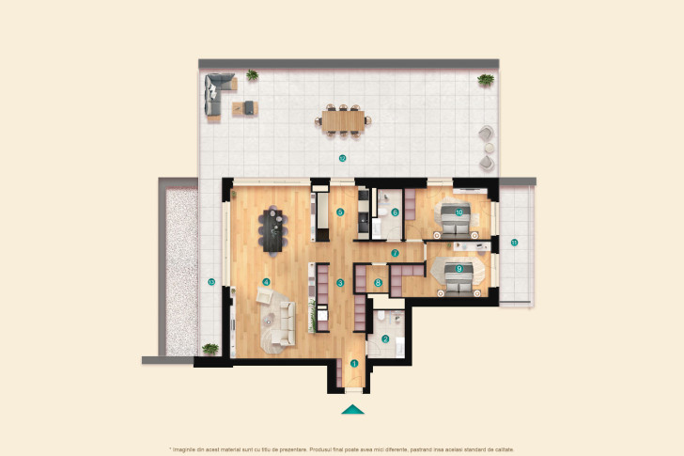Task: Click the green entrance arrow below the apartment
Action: point(352,409)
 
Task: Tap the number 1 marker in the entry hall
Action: point(354,363)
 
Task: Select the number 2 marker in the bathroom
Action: point(385,339)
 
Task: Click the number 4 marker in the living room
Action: point(267,281)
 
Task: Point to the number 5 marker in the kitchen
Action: point(340,212)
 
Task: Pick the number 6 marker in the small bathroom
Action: point(395,212)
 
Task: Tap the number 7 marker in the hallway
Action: point(396,253)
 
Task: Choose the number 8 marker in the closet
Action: point(379,282)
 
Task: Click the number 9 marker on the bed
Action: point(459,269)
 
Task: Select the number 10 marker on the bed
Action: point(459,212)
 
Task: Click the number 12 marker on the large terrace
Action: point(343,158)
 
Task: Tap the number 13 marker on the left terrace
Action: point(211,282)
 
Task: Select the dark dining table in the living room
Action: point(275,230)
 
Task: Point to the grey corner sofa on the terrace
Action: point(216,95)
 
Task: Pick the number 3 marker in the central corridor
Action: point(340,282)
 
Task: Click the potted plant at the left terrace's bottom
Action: point(210,349)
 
